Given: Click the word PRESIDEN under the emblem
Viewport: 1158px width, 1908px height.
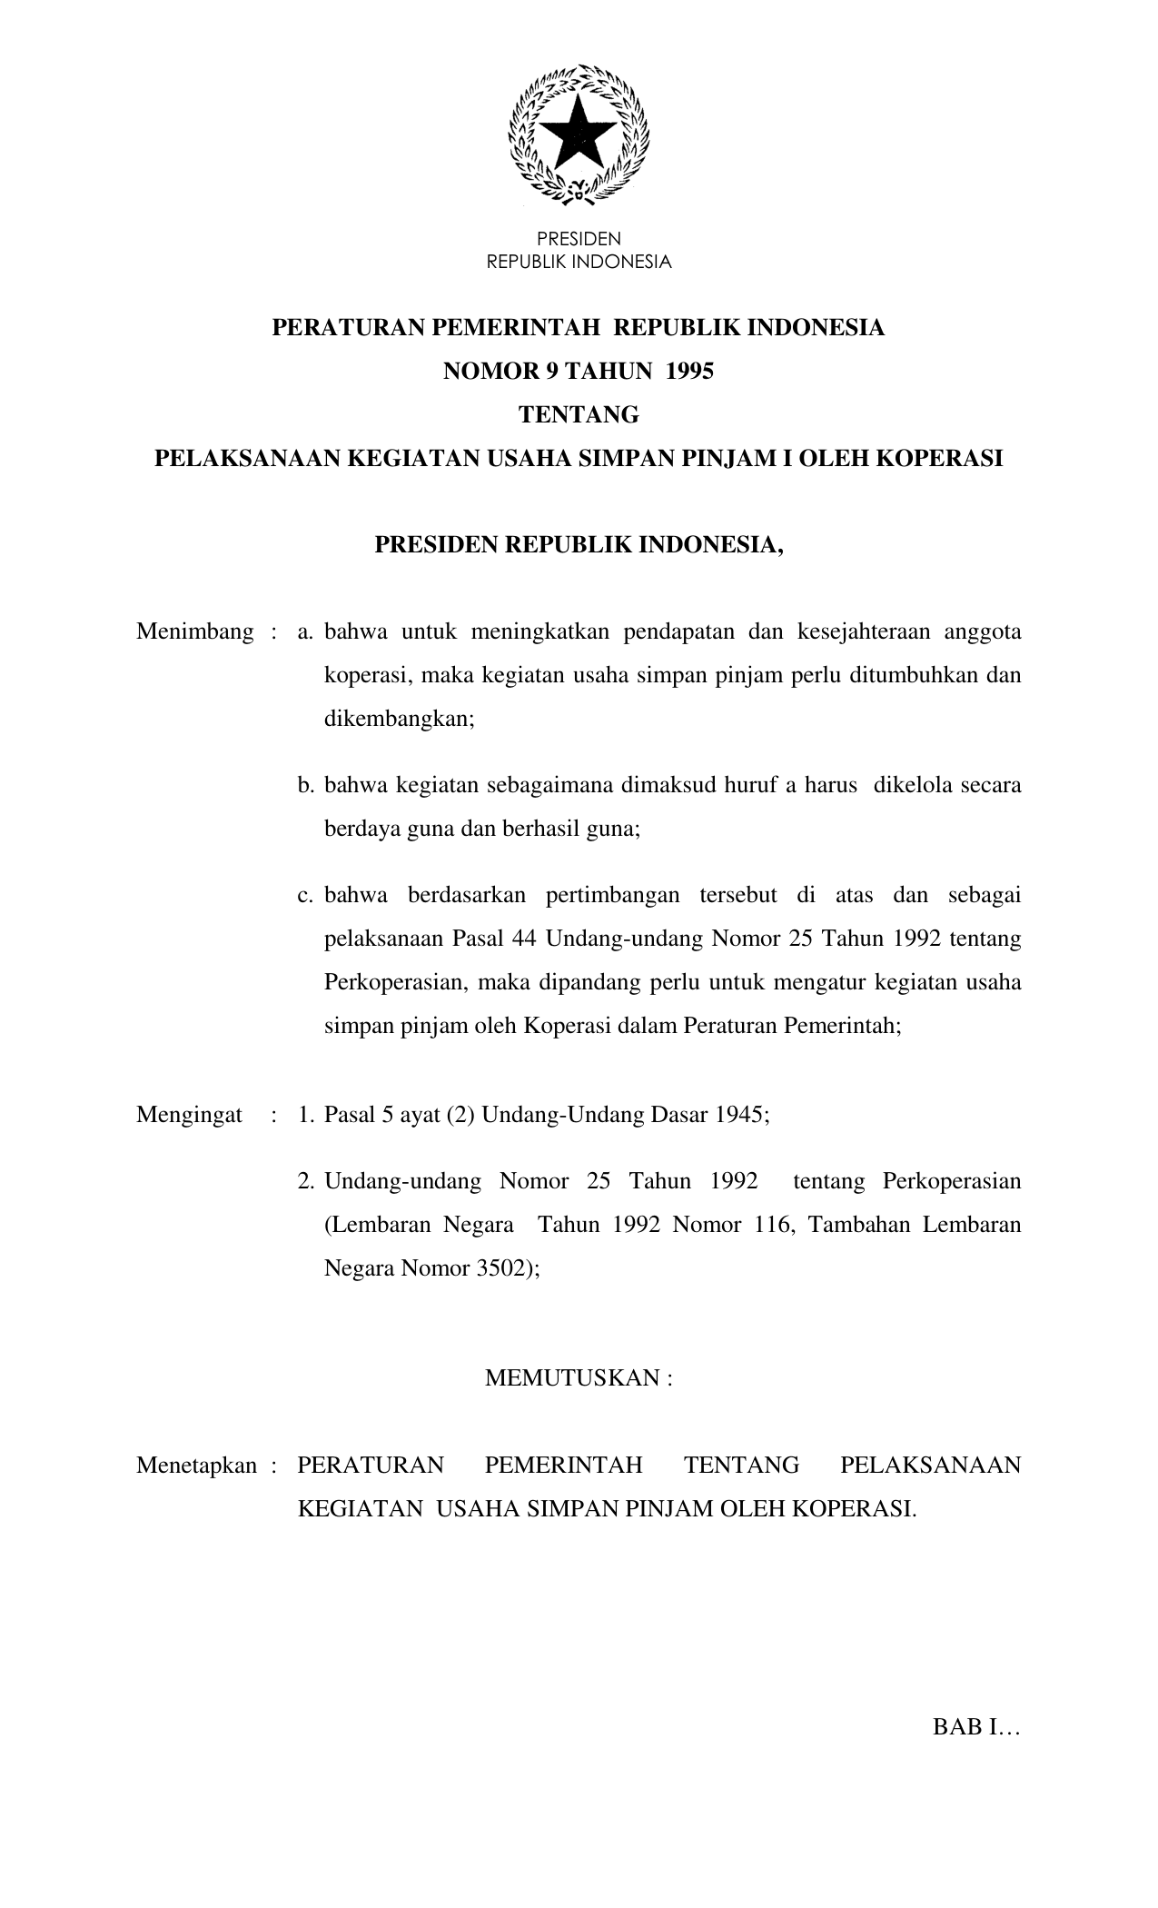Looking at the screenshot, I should [x=579, y=239].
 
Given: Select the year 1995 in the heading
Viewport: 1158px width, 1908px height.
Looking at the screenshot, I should [x=689, y=371].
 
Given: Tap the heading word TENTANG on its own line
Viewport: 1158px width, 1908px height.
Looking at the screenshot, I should [x=579, y=415].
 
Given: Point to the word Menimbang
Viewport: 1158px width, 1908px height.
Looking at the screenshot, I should [x=194, y=631].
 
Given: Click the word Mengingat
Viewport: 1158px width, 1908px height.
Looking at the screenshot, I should [x=189, y=1115].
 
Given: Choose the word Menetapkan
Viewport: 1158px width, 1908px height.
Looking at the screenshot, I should [x=196, y=1466].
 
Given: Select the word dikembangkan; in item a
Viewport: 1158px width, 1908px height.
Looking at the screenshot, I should [x=400, y=719].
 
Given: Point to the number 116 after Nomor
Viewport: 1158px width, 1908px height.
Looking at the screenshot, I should [x=774, y=1225].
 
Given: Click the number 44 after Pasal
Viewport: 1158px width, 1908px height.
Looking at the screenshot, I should [x=524, y=939].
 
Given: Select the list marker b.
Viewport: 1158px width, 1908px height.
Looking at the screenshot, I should [x=305, y=785].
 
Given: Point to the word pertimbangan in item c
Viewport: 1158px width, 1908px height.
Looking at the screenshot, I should [x=613, y=895].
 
